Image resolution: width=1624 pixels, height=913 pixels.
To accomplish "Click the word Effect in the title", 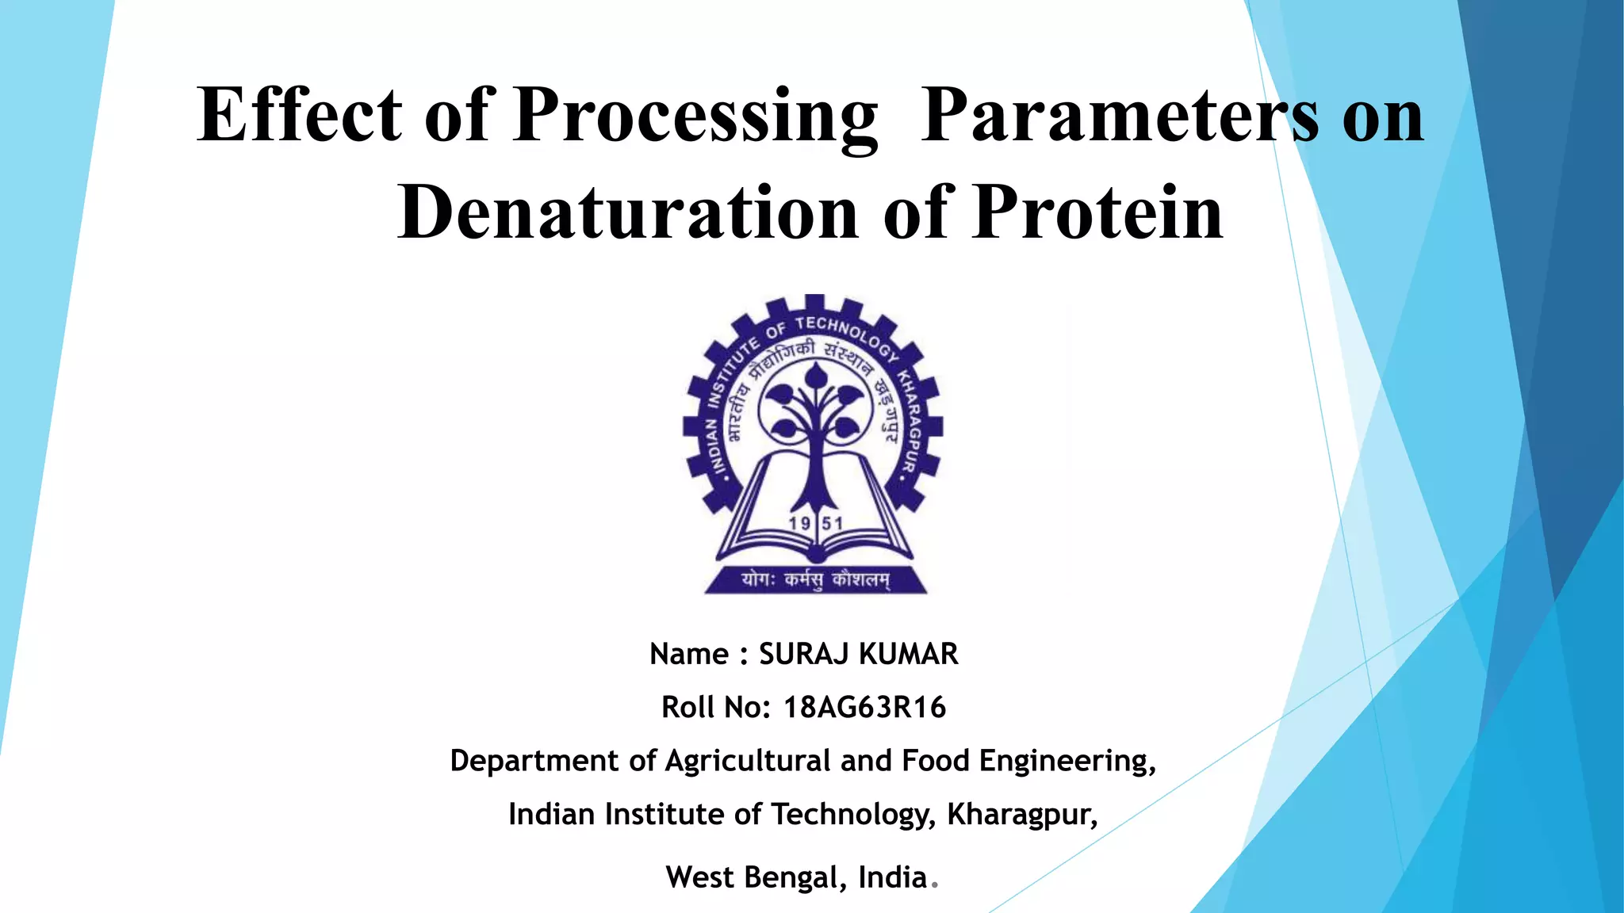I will click(300, 116).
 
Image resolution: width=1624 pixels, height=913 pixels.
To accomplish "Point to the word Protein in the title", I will click(1098, 212).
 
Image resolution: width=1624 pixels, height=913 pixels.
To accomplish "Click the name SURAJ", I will click(804, 655).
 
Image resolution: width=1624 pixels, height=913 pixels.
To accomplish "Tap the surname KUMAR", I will click(909, 655).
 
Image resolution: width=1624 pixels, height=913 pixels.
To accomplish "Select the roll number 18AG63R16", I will click(864, 708).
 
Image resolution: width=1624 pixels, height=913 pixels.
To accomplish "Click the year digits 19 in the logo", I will click(799, 523).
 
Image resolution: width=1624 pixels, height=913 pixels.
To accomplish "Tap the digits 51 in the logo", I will click(832, 523).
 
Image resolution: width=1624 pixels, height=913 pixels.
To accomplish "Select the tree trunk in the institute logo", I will click(814, 468).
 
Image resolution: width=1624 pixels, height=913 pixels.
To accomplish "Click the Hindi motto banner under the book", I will click(815, 580).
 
